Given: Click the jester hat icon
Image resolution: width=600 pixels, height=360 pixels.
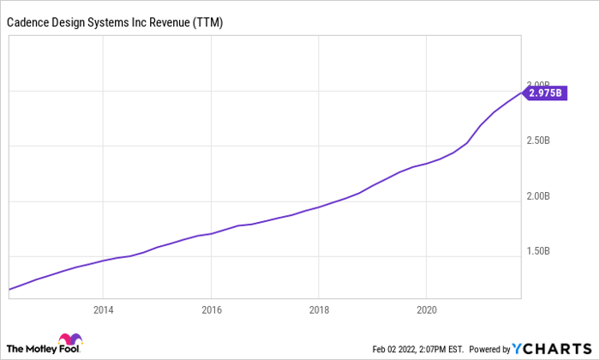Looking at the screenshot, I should tap(66, 341).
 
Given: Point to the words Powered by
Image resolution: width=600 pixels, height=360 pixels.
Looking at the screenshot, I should tap(490, 349).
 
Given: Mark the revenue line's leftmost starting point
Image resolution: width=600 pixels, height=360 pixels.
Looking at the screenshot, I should tap(9, 290).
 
